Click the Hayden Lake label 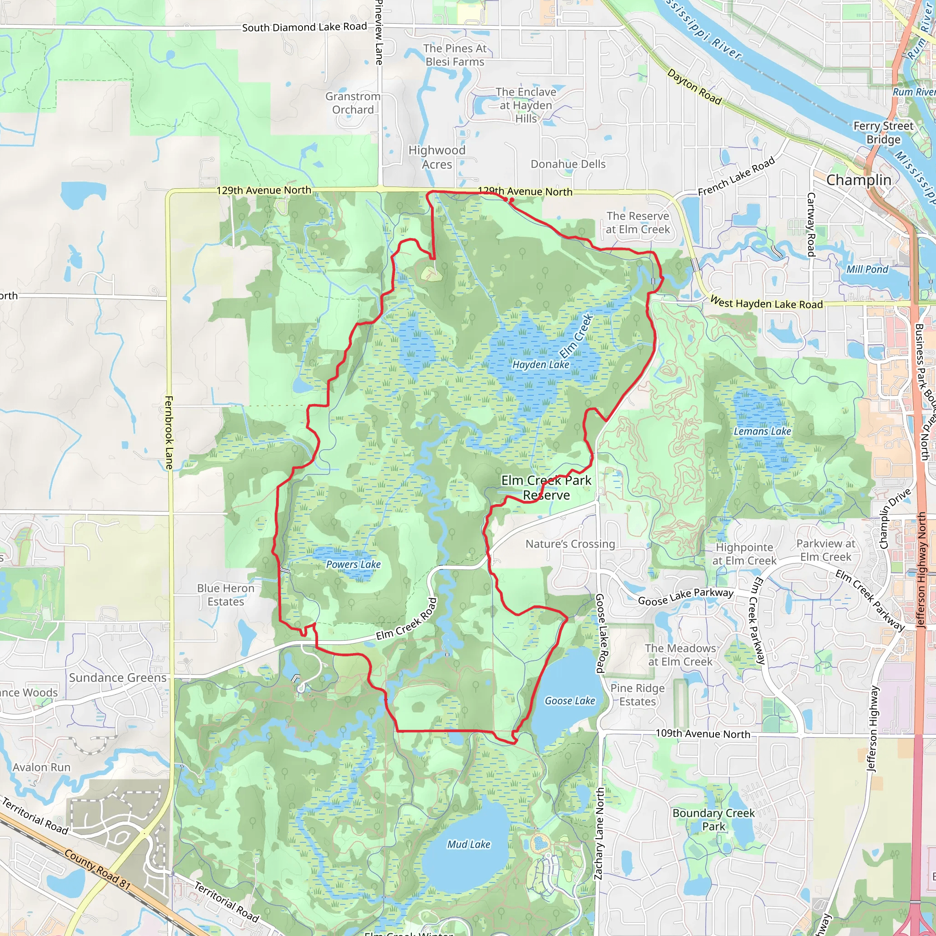(x=541, y=364)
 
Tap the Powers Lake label (x=353, y=564)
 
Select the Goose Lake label (x=570, y=701)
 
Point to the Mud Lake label (x=468, y=845)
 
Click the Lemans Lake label (x=762, y=431)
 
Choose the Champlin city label (x=858, y=180)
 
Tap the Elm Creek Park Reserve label (x=546, y=487)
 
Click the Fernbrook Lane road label (x=169, y=433)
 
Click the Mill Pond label (x=867, y=269)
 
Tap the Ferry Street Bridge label (x=883, y=133)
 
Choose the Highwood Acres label (x=436, y=157)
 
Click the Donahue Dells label (x=568, y=164)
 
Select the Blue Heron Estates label (x=226, y=595)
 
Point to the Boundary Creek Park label (x=713, y=819)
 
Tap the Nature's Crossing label (x=570, y=544)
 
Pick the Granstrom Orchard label (x=353, y=103)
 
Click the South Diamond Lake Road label (x=304, y=27)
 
